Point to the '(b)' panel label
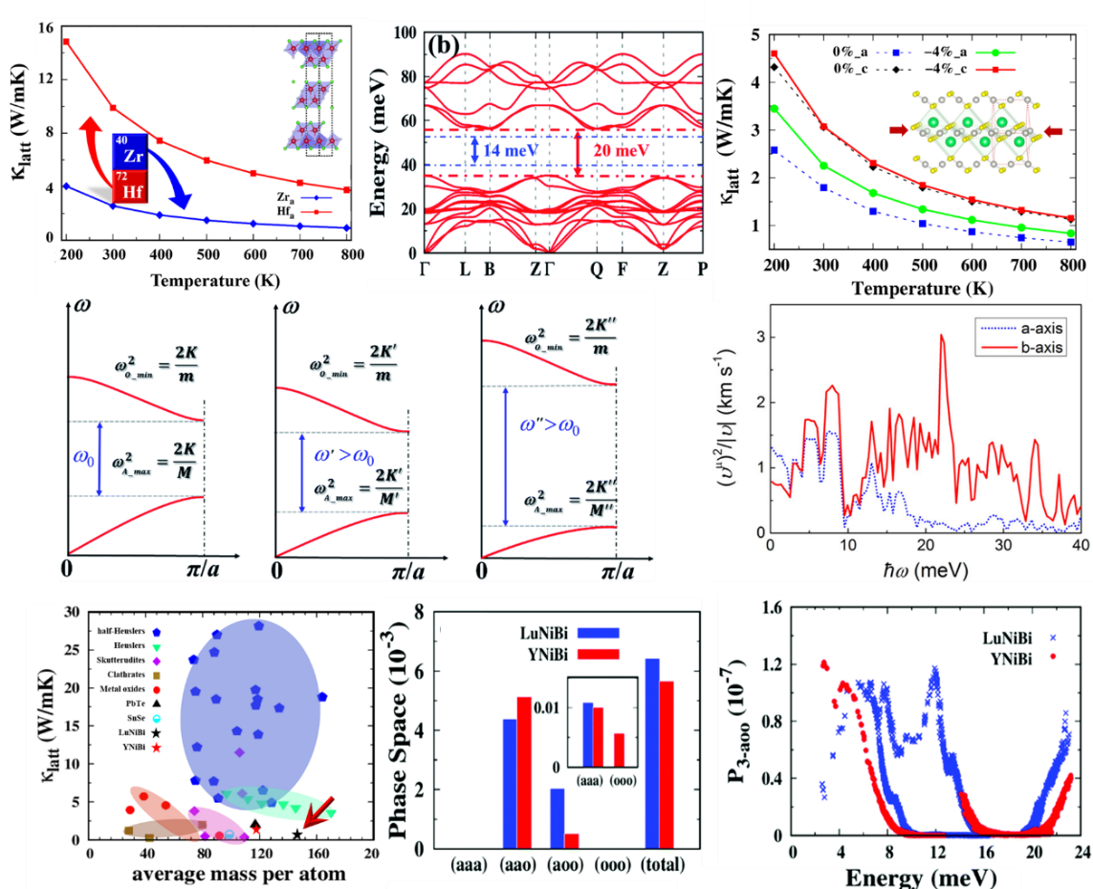pos(447,45)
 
